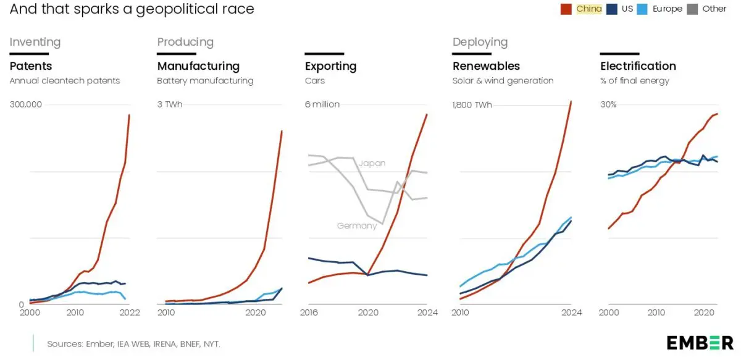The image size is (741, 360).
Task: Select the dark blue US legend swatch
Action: pos(611,9)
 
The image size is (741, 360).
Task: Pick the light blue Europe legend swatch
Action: pos(642,9)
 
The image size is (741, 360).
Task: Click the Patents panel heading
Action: pos(31,66)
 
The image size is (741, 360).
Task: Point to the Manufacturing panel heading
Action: pos(198,66)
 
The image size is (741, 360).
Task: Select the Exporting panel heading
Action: pos(330,66)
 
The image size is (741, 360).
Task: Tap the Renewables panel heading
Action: pos(486,66)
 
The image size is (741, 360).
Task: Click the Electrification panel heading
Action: pos(638,66)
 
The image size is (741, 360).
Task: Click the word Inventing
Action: pos(35,42)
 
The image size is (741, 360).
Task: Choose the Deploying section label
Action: pos(480,42)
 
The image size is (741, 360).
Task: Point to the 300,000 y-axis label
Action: pos(25,104)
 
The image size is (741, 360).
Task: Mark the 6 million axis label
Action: pos(322,104)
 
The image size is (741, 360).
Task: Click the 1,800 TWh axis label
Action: pos(472,104)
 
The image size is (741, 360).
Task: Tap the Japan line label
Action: pos(372,163)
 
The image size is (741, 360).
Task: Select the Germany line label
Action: pos(356,226)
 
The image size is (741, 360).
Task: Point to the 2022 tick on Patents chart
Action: pos(130,312)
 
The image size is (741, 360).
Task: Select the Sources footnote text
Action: pos(133,343)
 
